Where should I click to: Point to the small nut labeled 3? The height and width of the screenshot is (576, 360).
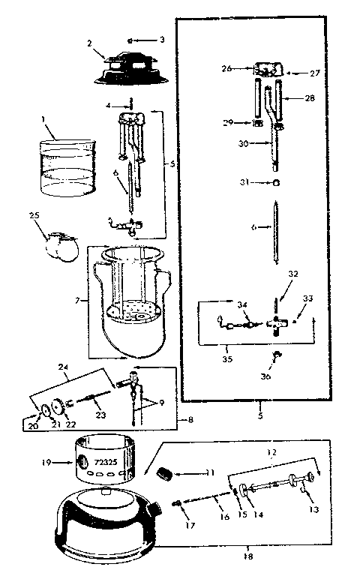130,39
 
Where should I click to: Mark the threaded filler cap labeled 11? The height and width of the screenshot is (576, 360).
163,474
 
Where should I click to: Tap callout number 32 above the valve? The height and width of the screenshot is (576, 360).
292,274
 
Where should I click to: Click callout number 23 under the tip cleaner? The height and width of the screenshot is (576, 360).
99,415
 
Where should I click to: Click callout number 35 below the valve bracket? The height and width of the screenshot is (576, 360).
226,359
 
